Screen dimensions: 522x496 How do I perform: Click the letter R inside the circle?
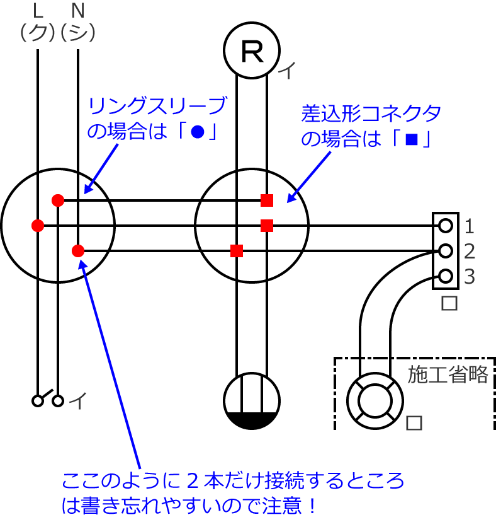252,52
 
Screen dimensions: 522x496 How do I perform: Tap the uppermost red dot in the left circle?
58,200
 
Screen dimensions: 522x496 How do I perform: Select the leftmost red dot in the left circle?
37,224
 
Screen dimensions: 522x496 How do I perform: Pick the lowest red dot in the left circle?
78,251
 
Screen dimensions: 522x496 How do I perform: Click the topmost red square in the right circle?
267,200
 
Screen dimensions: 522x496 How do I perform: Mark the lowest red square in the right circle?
237,251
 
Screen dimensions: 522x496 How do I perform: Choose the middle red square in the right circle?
267,225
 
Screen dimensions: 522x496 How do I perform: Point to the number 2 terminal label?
470,252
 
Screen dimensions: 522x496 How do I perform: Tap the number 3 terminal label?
470,277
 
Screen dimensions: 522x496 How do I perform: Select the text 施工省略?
448,374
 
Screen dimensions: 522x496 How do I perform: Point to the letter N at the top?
77,10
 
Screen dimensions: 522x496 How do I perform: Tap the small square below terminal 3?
449,303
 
